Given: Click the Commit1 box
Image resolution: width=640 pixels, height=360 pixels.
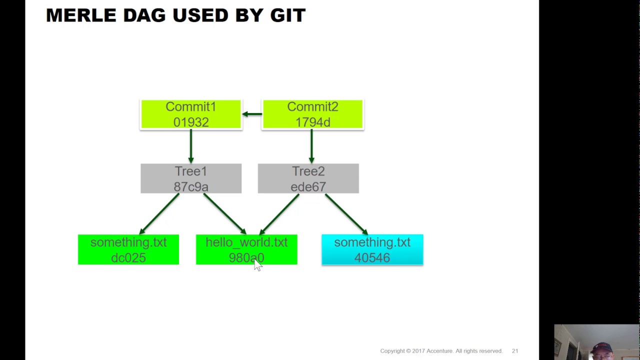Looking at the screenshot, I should click(191, 114).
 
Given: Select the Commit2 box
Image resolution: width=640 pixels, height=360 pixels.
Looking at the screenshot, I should click(312, 114).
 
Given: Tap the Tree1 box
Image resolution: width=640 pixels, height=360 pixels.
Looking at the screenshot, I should click(191, 178).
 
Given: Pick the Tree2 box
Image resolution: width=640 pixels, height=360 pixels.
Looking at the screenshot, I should click(308, 178).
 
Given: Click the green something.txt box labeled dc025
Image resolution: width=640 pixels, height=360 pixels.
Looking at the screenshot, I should click(128, 249).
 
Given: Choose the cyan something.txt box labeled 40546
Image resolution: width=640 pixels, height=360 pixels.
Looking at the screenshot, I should click(372, 249).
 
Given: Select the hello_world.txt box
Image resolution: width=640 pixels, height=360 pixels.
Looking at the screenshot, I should click(246, 249).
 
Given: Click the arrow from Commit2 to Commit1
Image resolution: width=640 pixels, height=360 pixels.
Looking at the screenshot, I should click(252, 114).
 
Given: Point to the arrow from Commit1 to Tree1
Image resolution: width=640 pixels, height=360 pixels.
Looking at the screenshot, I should click(191, 146).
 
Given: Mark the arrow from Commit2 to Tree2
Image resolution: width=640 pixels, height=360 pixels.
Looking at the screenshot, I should click(311, 146).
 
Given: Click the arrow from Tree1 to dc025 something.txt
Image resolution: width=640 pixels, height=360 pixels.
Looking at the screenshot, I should click(159, 214).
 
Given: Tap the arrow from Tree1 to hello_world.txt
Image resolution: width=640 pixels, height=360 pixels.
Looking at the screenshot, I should click(224, 214).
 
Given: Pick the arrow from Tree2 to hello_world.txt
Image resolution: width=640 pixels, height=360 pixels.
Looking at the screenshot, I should click(279, 214).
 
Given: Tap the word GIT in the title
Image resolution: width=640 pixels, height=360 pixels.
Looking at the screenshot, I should click(287, 15).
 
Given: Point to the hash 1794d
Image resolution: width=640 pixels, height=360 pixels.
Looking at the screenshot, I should click(312, 122).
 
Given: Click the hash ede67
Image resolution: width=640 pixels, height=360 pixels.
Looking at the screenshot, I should click(308, 187).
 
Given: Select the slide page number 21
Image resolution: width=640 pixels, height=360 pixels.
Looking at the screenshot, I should click(514, 351).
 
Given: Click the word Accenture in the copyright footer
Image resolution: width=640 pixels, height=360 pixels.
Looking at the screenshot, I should click(438, 351).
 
